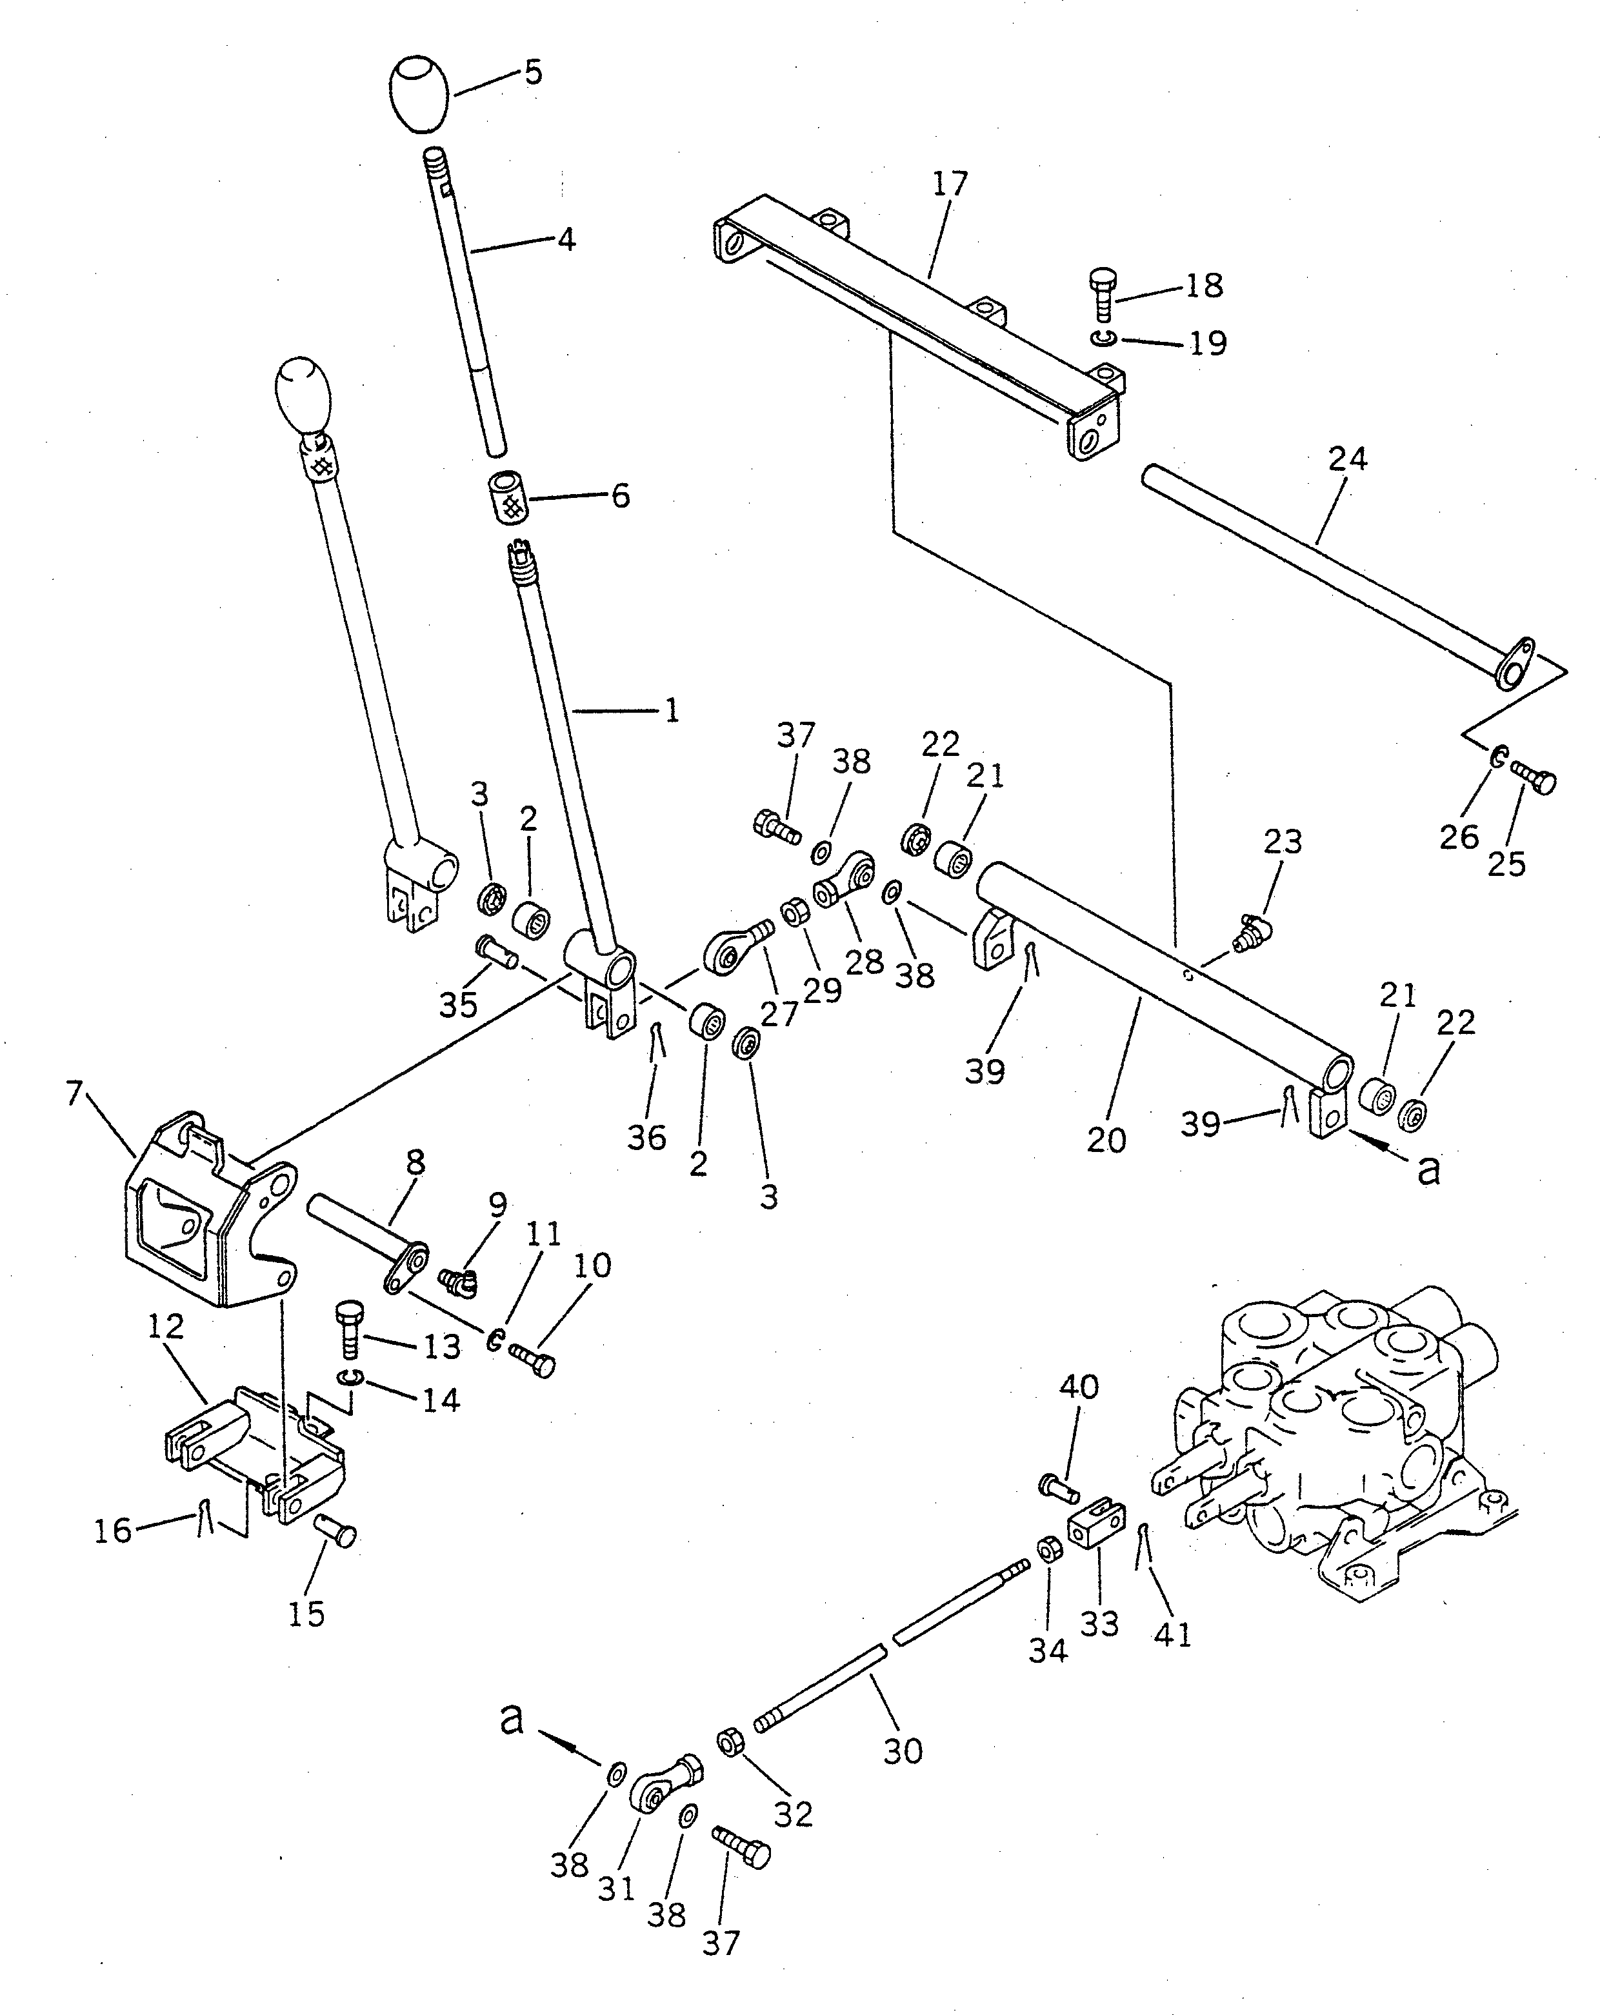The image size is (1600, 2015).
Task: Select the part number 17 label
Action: (x=950, y=184)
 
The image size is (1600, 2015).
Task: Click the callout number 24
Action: (x=1346, y=459)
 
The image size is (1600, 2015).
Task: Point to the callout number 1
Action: (x=671, y=711)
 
